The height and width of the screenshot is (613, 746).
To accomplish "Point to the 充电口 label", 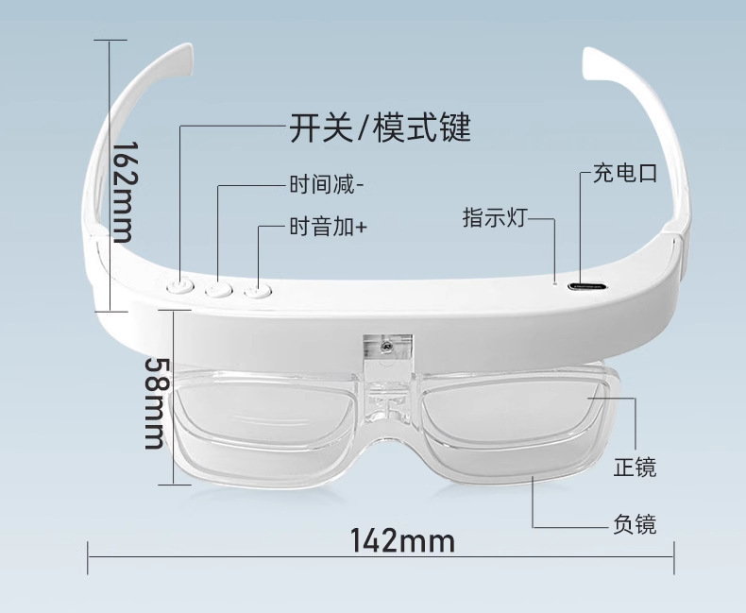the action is pyautogui.click(x=624, y=173).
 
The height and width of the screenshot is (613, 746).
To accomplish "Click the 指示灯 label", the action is pyautogui.click(x=493, y=217).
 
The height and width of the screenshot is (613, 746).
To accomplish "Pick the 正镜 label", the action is pyautogui.click(x=635, y=467).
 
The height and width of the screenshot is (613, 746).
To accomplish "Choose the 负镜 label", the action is pyautogui.click(x=635, y=523).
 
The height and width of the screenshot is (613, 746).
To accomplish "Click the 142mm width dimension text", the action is pyautogui.click(x=402, y=541).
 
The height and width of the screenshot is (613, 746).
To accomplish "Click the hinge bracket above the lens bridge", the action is pyautogui.click(x=386, y=349).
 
